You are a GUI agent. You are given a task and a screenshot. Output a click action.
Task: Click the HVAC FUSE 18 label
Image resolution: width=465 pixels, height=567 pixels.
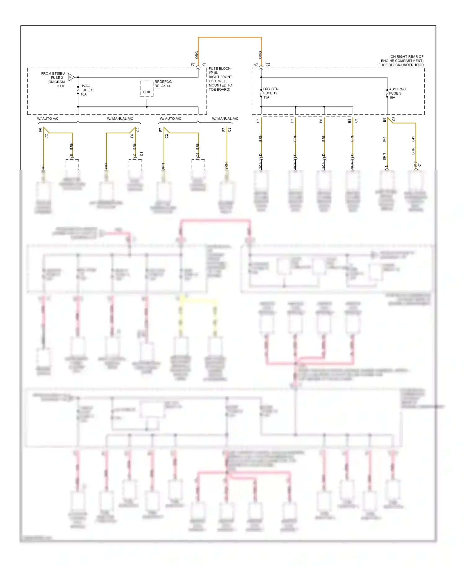(x=87, y=90)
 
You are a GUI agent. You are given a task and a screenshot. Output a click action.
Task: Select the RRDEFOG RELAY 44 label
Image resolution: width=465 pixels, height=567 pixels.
(x=163, y=84)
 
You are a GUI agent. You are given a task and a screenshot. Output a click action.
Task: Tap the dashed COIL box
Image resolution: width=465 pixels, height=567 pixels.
(x=147, y=89)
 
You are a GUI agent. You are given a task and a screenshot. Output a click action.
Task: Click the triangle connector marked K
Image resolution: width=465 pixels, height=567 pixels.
(x=71, y=77)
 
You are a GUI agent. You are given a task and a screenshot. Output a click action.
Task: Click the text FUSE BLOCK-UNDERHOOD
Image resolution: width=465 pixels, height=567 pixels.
(x=401, y=65)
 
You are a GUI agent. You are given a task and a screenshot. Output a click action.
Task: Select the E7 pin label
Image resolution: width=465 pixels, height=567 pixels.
(x=258, y=121)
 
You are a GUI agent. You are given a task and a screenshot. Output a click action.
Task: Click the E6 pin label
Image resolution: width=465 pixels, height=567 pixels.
(x=321, y=121)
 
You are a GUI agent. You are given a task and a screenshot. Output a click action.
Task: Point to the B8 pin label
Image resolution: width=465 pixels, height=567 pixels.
(x=349, y=121)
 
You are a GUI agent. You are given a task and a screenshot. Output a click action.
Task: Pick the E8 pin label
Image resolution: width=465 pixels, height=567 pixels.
(x=384, y=120)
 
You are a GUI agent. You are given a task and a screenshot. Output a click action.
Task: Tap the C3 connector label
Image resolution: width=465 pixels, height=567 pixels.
(x=394, y=119)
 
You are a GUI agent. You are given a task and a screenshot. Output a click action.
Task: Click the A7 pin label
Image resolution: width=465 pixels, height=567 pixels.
(x=256, y=65)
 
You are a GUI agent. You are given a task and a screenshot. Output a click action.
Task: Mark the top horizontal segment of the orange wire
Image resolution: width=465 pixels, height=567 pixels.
(x=230, y=37)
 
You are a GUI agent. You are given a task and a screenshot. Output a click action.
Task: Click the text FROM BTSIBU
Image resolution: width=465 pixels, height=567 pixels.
(x=53, y=74)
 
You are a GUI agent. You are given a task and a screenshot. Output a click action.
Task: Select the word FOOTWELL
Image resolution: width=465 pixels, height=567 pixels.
(x=218, y=81)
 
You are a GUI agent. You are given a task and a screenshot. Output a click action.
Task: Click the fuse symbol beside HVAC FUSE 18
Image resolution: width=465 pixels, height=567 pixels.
(x=78, y=90)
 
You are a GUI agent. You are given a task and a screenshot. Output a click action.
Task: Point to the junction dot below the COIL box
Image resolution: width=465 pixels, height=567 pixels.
(x=147, y=107)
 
